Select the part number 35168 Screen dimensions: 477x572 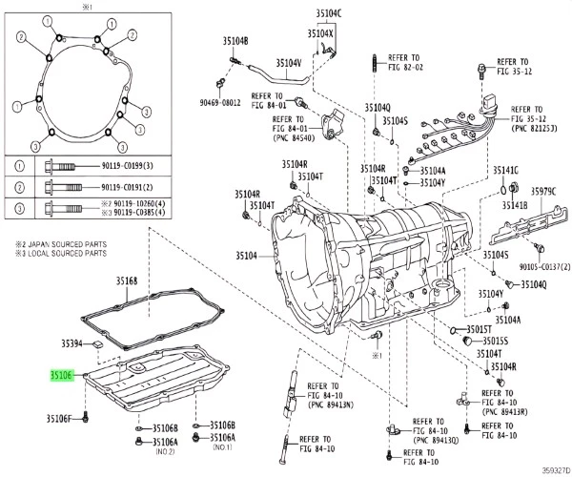128,280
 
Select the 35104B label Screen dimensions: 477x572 232,41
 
